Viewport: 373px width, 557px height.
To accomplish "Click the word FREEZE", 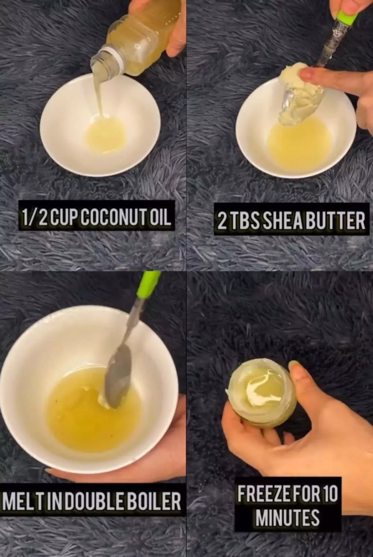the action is [x=264, y=494].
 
